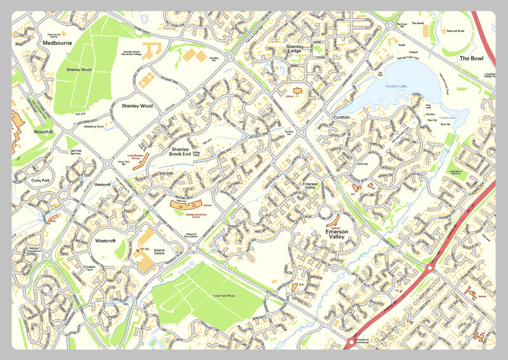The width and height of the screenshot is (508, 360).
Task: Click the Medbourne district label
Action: coord(57,43)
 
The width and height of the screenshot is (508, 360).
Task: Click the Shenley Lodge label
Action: coord(297,50)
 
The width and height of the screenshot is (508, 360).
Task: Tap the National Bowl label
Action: coord(456,31)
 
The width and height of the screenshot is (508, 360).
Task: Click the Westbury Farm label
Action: coord(95,126)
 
